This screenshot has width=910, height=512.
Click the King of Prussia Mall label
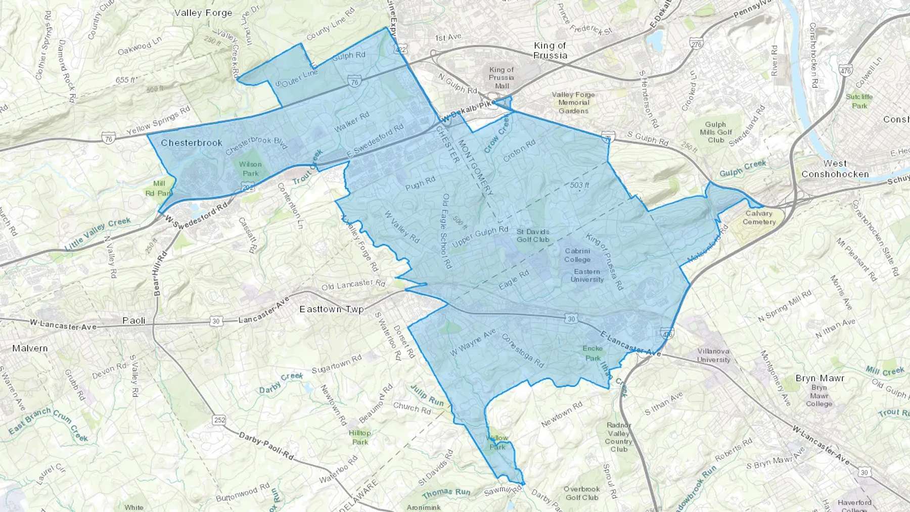click(501, 77)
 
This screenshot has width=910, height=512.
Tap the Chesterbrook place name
click(191, 143)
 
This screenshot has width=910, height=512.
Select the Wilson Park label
click(250, 168)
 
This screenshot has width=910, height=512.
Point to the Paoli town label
click(134, 320)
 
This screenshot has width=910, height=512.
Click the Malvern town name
click(30, 348)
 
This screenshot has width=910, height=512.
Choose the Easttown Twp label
click(331, 309)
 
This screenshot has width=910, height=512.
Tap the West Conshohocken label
click(835, 169)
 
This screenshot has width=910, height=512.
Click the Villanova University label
click(714, 355)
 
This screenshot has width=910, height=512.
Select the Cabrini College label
click(577, 255)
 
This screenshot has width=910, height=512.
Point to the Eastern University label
click(587, 275)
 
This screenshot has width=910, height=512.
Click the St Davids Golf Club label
click(533, 236)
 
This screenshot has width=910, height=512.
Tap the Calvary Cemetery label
click(759, 217)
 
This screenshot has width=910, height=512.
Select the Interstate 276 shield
click(696, 44)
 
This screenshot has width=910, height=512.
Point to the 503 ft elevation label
click(579, 185)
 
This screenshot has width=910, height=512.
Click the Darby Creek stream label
click(281, 383)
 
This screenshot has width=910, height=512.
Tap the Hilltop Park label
click(359, 437)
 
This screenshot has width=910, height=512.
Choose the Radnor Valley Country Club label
click(618, 437)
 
